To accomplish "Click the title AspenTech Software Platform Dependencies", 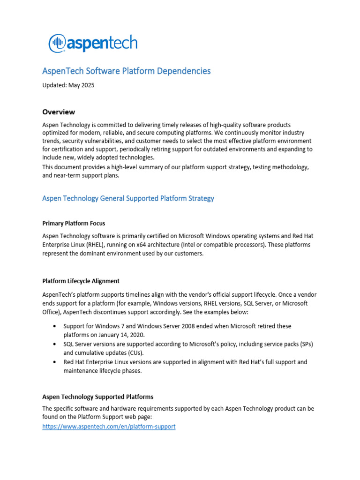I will click(x=127, y=71).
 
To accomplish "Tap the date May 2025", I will click(x=82, y=85).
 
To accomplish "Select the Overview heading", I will click(x=59, y=112).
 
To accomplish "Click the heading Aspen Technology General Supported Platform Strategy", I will click(x=128, y=198).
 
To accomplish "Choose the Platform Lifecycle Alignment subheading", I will click(x=81, y=281).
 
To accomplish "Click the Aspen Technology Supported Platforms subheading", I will click(x=97, y=397).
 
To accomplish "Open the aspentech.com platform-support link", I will click(x=109, y=427).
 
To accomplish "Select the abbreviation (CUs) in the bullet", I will click(x=136, y=353).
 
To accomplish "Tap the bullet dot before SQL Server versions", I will click(x=56, y=344).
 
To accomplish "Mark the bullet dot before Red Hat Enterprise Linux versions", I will click(x=56, y=362).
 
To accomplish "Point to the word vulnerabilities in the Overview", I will click(x=109, y=141).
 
